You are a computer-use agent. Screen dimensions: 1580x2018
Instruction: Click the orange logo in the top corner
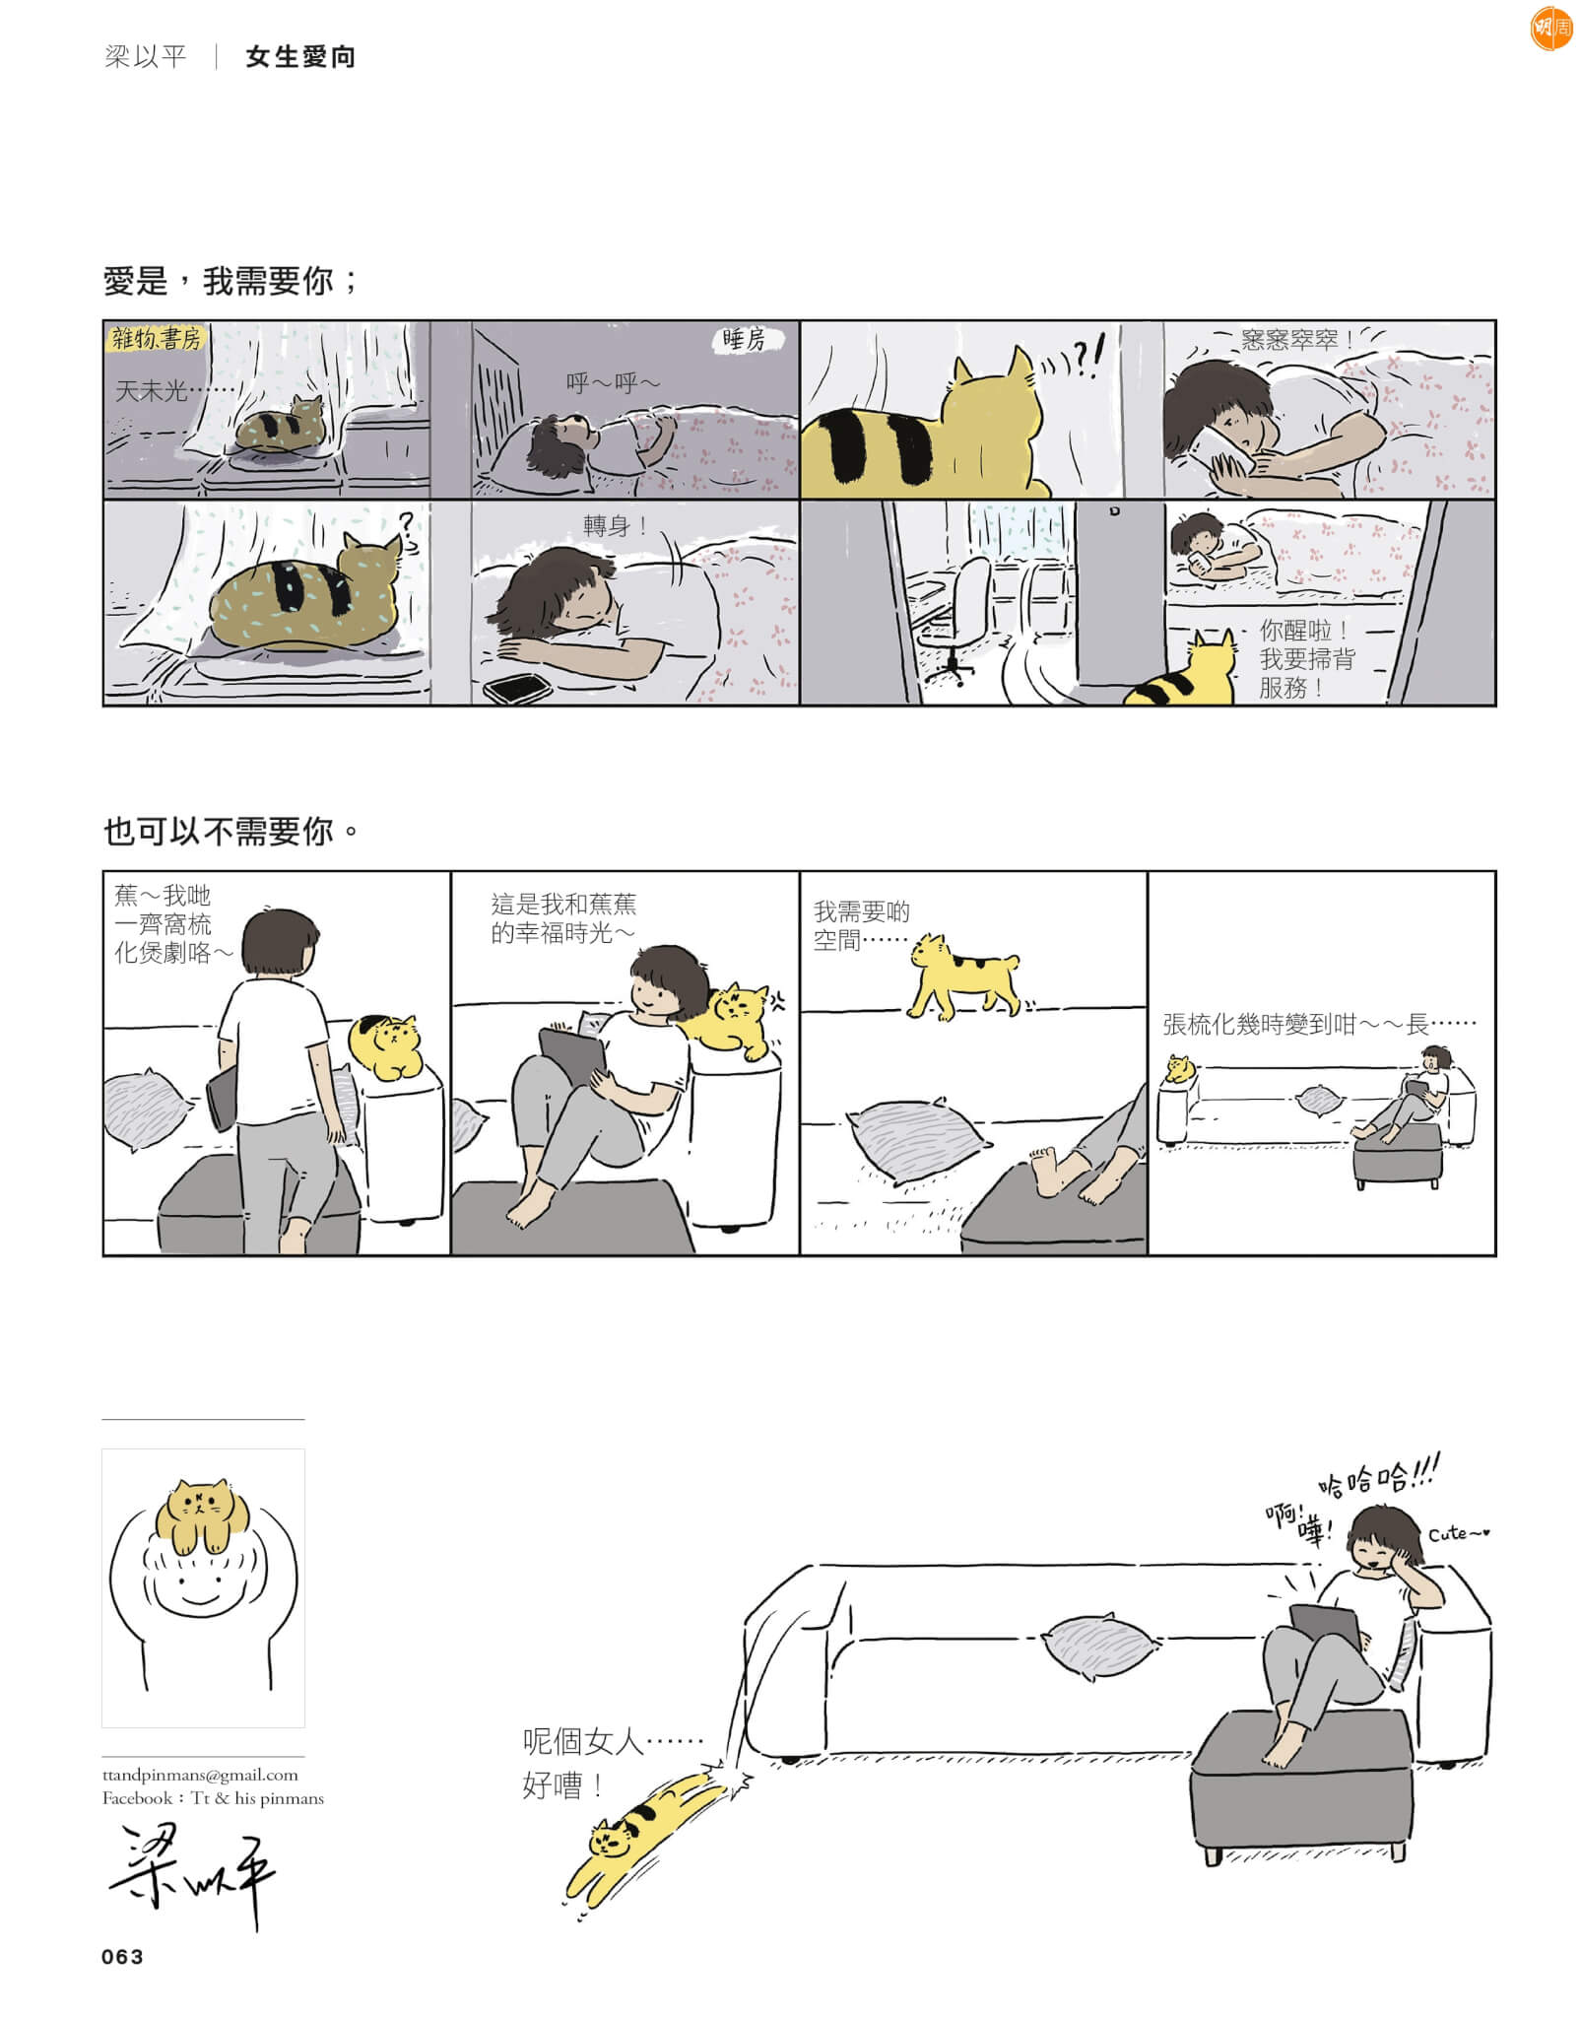coord(1551,29)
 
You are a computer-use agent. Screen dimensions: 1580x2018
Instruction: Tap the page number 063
coord(122,1957)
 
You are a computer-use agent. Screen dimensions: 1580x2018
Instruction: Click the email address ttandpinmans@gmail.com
coord(200,1775)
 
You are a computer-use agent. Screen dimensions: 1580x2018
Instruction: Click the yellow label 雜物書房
coord(156,339)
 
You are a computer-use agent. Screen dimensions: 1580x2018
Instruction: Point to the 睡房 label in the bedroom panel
coord(744,340)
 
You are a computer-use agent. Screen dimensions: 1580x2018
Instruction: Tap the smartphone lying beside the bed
coord(516,688)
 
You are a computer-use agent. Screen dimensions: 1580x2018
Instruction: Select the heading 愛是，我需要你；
coord(230,282)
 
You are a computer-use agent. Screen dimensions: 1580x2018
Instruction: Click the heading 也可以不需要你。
coord(230,832)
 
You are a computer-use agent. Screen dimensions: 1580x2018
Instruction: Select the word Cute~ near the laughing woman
coord(1458,1534)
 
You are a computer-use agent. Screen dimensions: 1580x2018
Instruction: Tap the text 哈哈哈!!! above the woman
coord(1379,1479)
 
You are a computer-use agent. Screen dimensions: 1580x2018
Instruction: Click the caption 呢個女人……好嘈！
coord(612,1763)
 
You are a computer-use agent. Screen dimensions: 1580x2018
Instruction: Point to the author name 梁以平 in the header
coord(145,56)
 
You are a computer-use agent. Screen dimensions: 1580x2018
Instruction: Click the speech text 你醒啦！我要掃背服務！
coord(1307,659)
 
